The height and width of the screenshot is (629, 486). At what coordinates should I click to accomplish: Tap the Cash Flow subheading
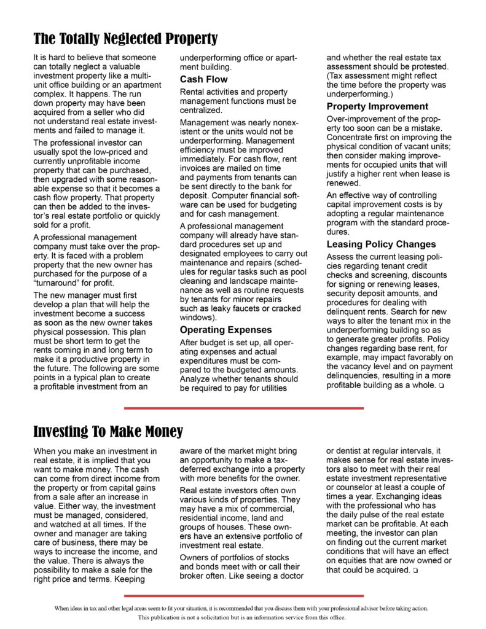[203, 79]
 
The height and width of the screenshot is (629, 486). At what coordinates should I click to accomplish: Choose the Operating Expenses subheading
[225, 330]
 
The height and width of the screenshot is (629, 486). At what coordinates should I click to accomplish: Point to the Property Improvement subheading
[377, 106]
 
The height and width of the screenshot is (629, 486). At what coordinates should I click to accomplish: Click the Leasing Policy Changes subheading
[381, 244]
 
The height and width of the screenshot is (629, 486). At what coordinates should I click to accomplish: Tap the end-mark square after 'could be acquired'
[416, 571]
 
